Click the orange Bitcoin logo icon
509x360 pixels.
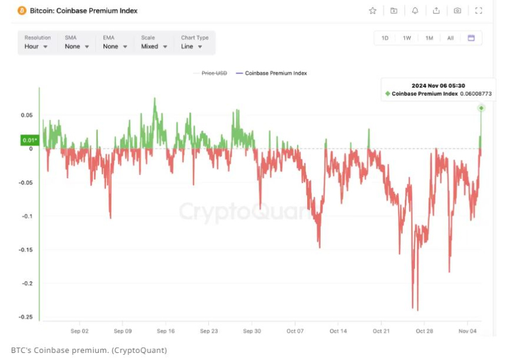point(22,11)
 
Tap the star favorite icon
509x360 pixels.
point(372,11)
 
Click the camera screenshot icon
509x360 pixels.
point(458,11)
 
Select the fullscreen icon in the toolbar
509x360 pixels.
point(479,11)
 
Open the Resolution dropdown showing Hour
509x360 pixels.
point(37,46)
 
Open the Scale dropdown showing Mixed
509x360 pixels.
point(154,46)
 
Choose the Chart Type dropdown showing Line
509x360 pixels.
point(192,46)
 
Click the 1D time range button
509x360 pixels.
point(385,38)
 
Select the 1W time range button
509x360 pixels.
point(407,38)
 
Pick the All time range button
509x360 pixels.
point(450,38)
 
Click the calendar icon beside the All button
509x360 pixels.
point(472,38)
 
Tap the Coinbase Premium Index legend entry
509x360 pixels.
point(276,73)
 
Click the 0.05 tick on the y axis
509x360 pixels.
point(26,115)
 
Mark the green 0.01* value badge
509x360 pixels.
point(30,140)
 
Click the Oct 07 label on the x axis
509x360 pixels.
point(295,331)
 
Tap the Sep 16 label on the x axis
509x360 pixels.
point(166,331)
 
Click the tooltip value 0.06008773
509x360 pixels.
point(476,94)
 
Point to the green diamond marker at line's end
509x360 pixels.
point(481,108)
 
